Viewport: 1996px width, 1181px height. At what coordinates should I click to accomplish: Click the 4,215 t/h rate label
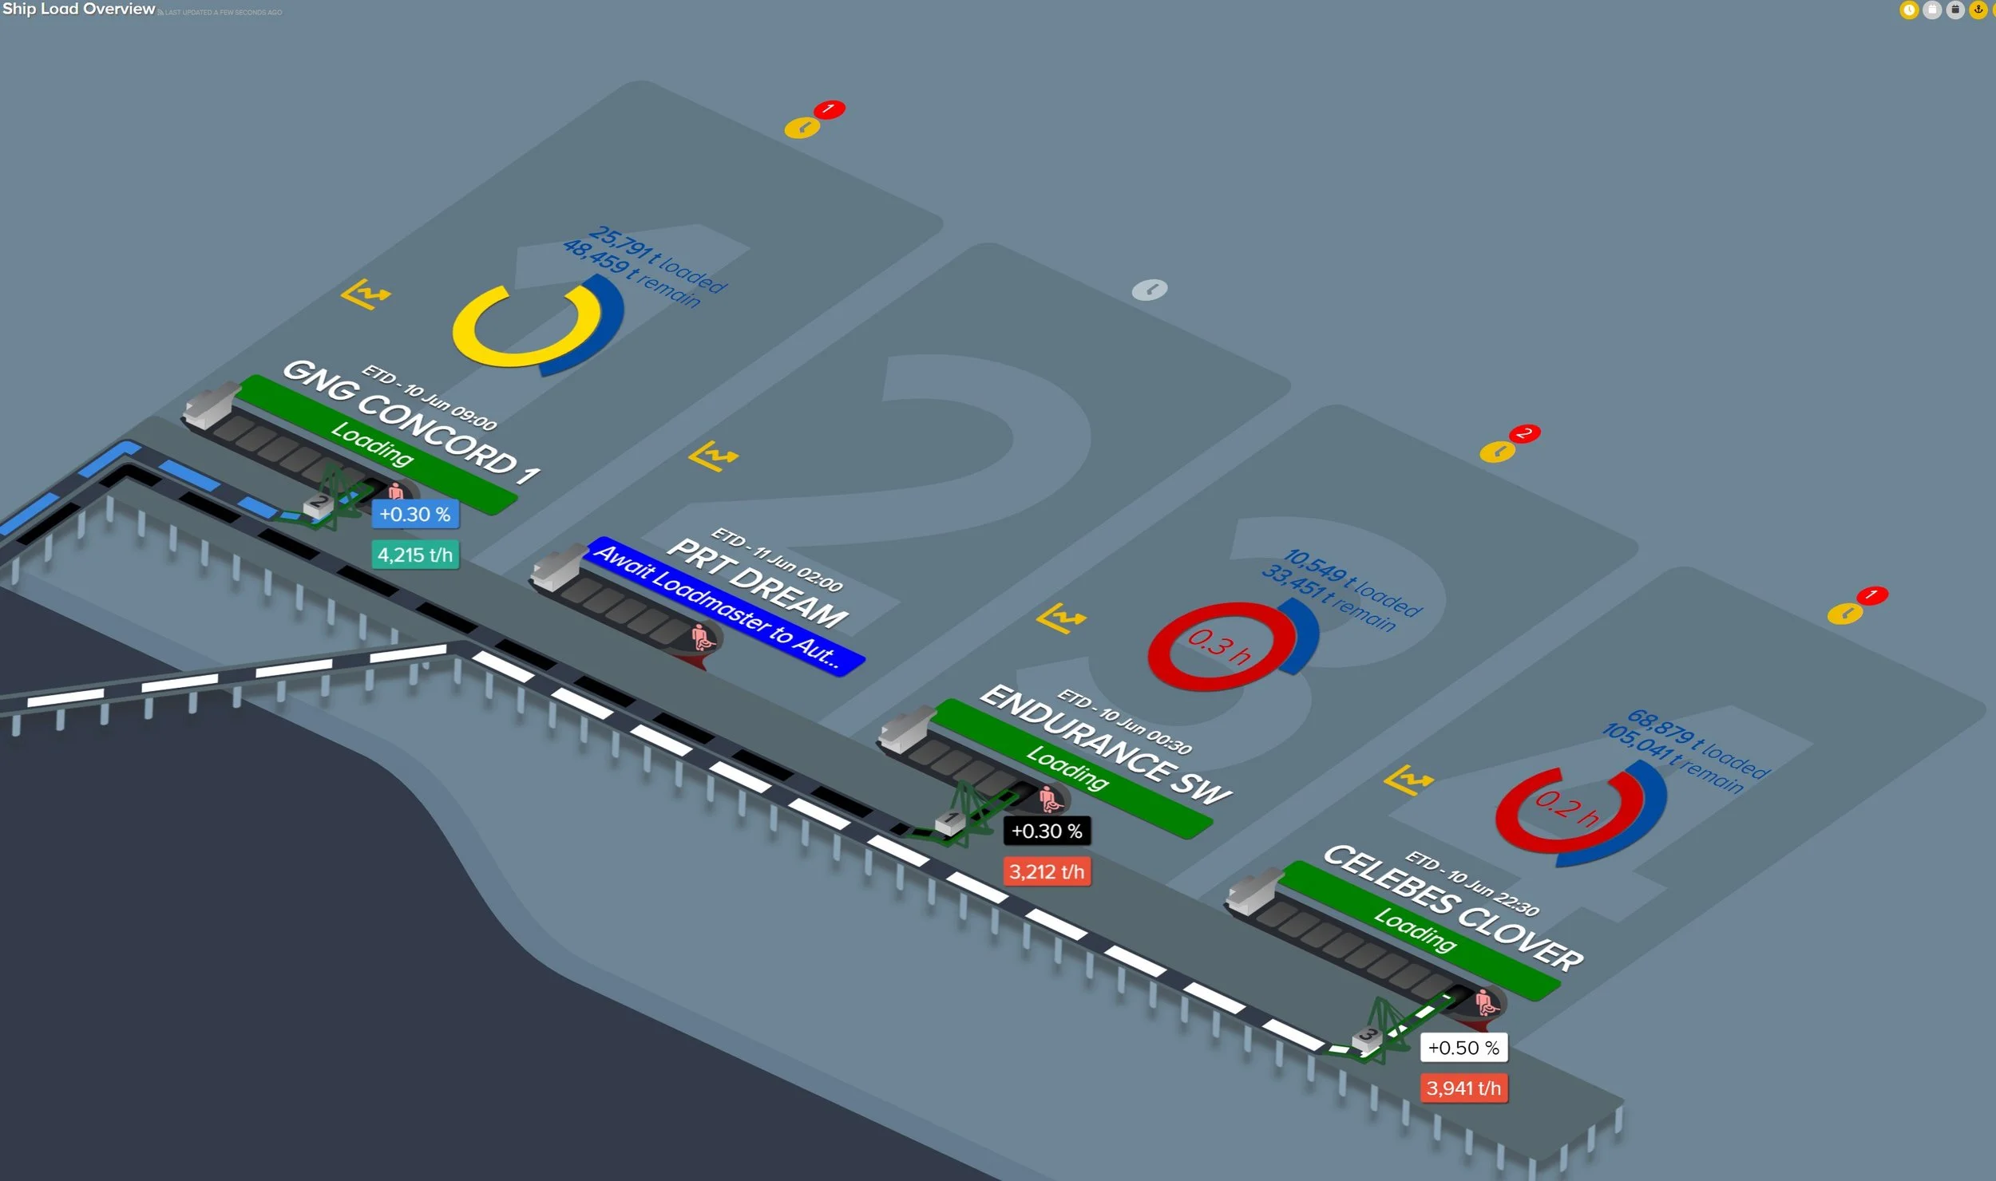pyautogui.click(x=414, y=555)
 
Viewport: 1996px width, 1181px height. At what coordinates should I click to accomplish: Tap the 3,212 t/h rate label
pyautogui.click(x=1047, y=871)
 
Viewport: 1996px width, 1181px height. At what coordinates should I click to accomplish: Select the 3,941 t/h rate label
pyautogui.click(x=1463, y=1088)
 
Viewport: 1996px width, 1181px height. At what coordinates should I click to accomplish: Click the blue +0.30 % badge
pyautogui.click(x=414, y=514)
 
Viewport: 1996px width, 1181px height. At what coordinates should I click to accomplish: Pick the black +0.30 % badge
pyautogui.click(x=1046, y=831)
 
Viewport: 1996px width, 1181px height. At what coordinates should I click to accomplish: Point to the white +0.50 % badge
pyautogui.click(x=1463, y=1048)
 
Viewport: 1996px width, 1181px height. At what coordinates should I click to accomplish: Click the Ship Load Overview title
pyautogui.click(x=78, y=10)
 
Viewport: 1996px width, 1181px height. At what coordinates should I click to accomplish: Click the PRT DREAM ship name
pyautogui.click(x=757, y=583)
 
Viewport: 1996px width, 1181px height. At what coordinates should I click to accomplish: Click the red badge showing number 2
pyautogui.click(x=1525, y=433)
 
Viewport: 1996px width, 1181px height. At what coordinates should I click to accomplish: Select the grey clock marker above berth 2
pyautogui.click(x=1150, y=289)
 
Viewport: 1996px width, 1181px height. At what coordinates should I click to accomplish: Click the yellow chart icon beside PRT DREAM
pyautogui.click(x=713, y=456)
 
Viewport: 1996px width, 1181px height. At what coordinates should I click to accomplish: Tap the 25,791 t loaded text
pyautogui.click(x=658, y=259)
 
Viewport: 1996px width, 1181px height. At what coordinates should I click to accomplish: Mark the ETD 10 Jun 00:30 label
pyautogui.click(x=1125, y=721)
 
